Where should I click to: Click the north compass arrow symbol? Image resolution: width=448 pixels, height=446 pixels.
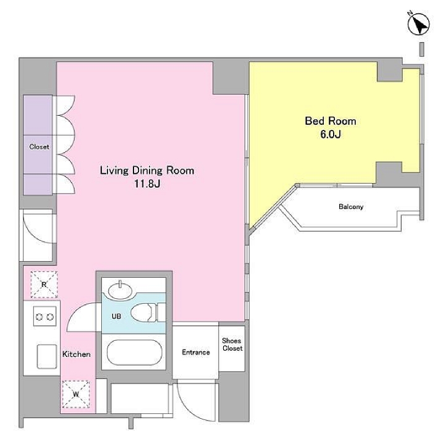418,24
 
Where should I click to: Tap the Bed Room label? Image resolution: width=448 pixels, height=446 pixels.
331,121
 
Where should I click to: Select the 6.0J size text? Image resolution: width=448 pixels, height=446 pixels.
331,134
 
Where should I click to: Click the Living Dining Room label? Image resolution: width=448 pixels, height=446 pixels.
147,171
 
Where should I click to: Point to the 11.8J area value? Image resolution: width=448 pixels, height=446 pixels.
147,184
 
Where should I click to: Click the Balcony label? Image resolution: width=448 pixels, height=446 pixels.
351,207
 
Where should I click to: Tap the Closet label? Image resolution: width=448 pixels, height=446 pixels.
39,147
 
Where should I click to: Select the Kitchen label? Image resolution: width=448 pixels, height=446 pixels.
76,354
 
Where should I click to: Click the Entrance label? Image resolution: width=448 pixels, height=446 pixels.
196,352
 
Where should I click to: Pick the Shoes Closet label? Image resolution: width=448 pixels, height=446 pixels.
232,345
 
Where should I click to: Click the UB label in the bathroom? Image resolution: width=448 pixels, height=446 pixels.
116,316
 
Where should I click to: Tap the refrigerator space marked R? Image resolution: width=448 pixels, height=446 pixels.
44,285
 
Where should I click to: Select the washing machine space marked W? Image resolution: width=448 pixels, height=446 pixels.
76,394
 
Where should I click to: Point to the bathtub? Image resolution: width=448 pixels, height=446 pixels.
134,353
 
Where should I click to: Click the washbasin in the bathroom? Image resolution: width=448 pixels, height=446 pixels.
120,290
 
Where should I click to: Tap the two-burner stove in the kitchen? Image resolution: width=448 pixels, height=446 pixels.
44,316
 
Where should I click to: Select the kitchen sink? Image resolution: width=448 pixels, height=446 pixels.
46,356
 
